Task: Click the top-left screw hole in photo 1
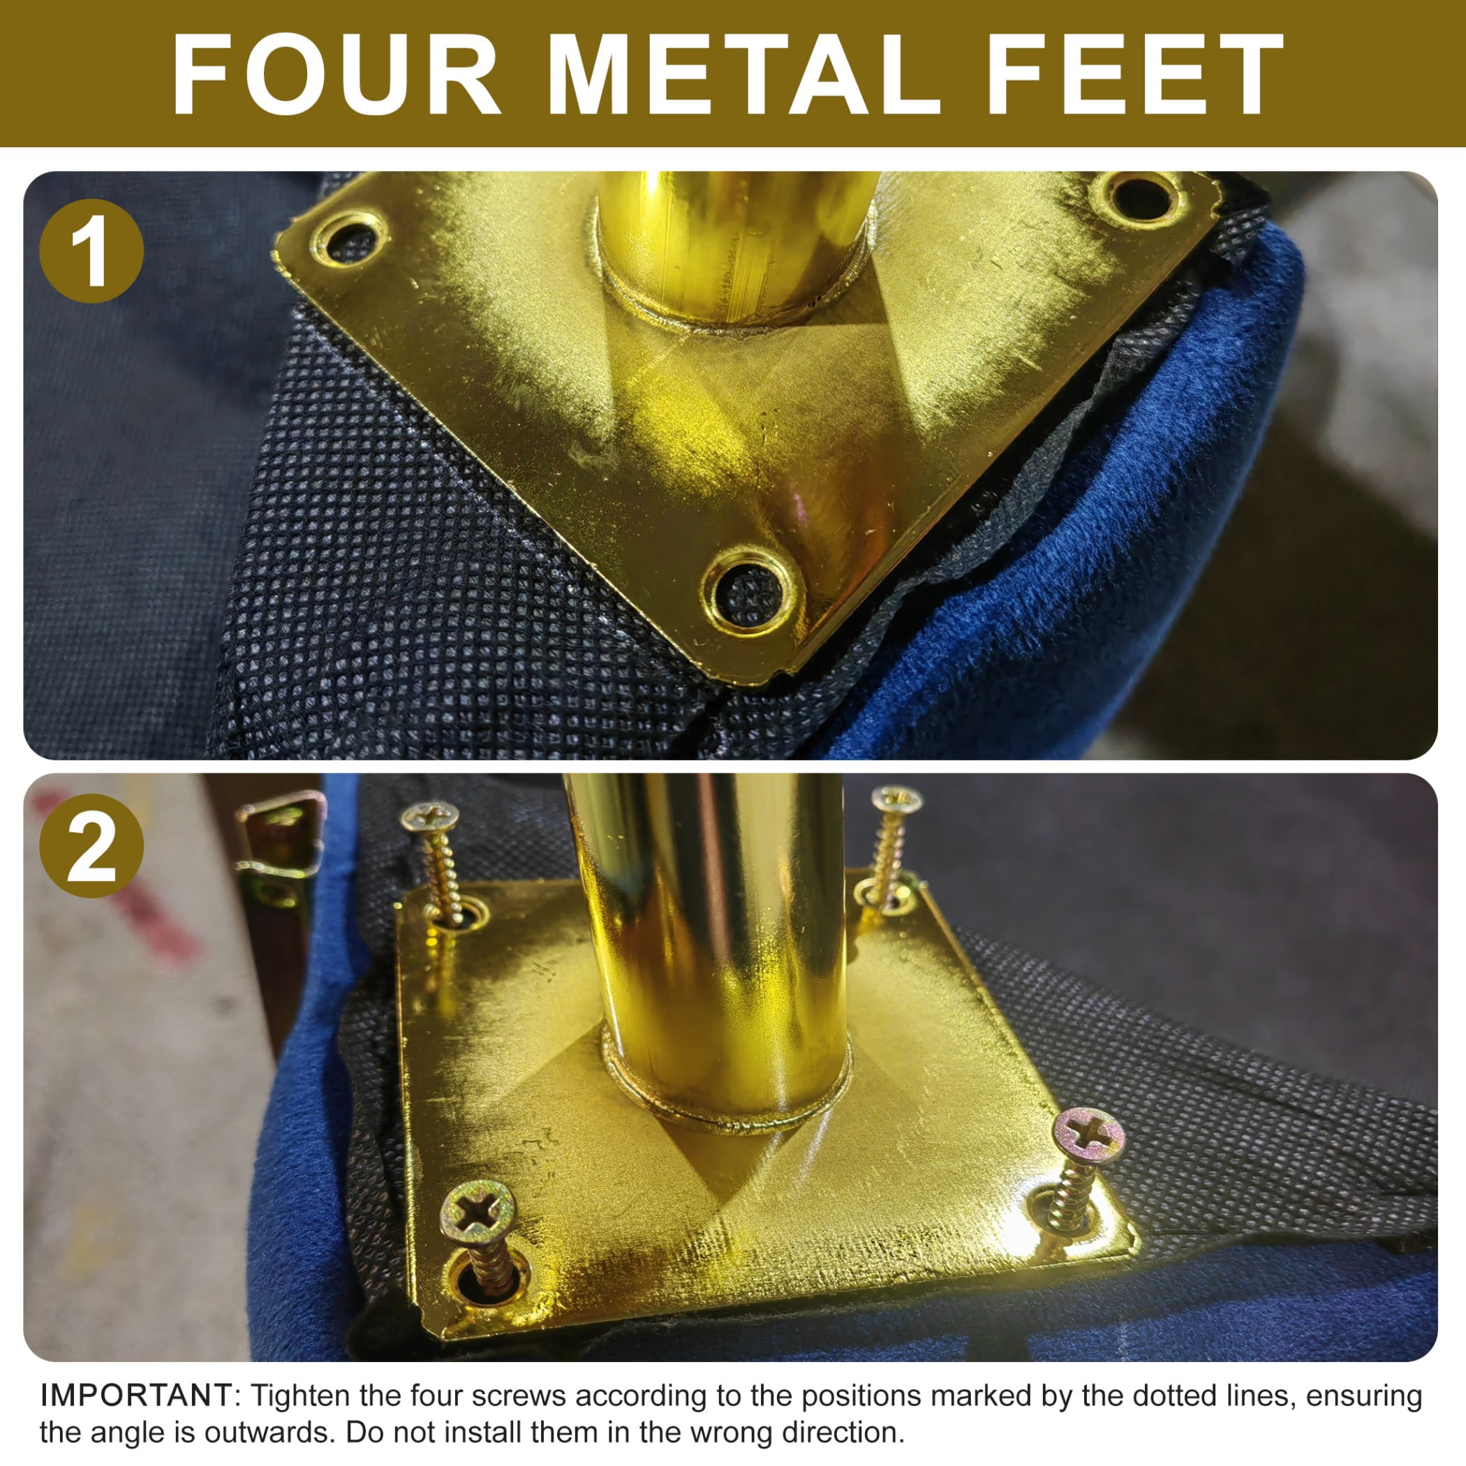pos(350,238)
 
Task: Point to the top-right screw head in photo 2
pos(897,800)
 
